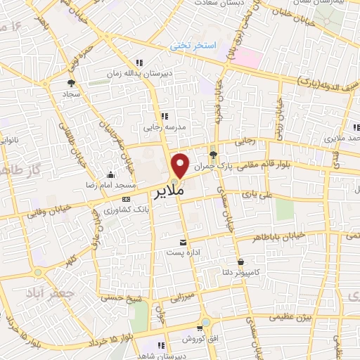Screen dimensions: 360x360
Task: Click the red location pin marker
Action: [x=181, y=165]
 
